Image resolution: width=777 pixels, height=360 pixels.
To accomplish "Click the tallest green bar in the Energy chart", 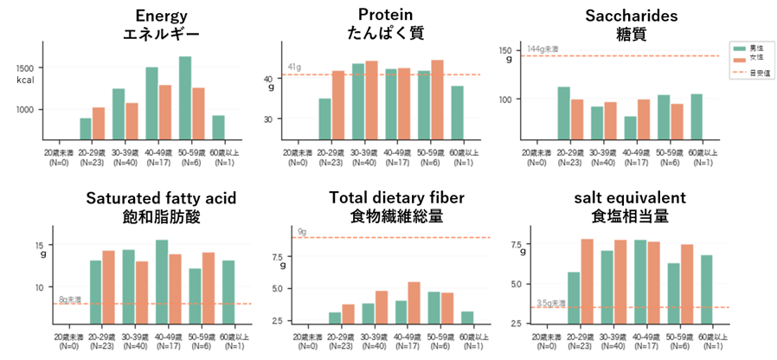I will coord(185,98).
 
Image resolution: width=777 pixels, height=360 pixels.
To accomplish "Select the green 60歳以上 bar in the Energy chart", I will coord(218,127).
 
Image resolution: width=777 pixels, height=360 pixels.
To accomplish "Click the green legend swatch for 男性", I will coord(738,47).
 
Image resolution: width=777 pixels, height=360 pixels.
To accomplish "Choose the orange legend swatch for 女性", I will coord(738,59).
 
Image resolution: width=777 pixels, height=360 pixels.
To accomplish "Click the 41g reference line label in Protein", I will coord(294,67).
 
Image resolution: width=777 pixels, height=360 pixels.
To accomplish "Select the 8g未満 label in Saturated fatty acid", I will coord(69,299).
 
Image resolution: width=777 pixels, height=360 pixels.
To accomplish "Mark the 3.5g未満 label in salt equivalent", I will coord(550,303).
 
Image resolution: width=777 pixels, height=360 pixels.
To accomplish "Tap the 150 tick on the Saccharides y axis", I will coord(508,51).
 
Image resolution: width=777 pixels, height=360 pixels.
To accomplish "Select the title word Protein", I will coord(385,15).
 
